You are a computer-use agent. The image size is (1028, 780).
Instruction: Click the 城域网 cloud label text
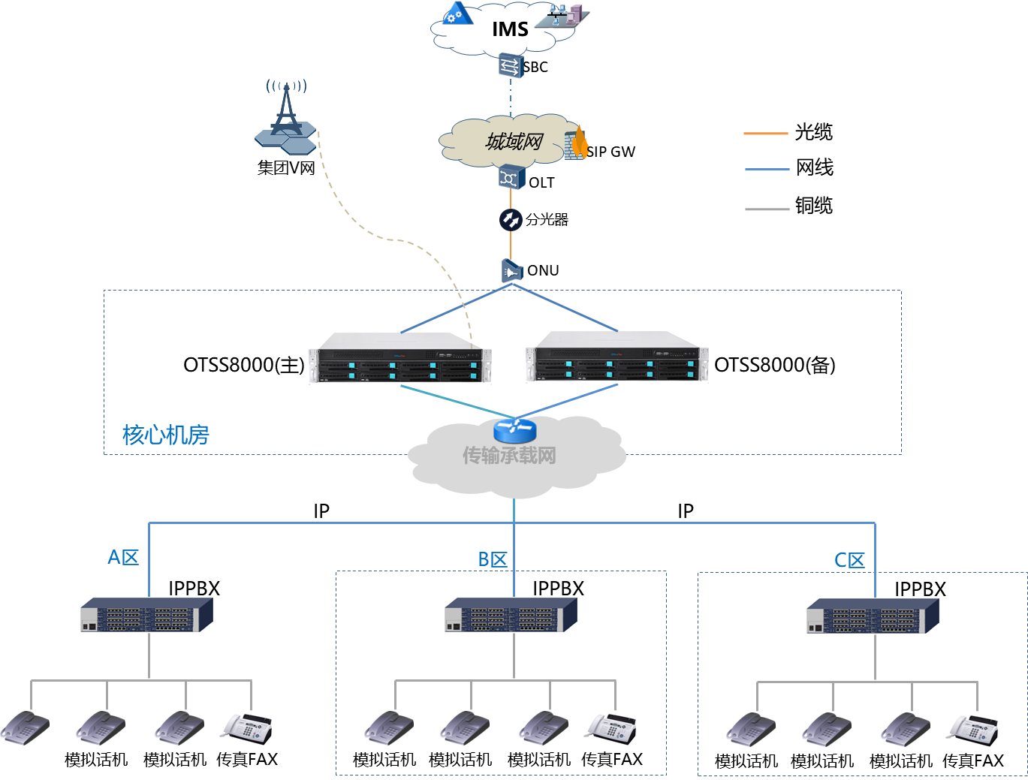coord(514,141)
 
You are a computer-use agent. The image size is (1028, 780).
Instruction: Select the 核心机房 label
coord(165,435)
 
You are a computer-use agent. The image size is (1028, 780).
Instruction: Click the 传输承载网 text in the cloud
coord(509,456)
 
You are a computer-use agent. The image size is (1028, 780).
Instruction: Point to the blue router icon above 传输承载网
coord(514,430)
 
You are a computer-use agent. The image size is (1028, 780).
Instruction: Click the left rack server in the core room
coord(399,359)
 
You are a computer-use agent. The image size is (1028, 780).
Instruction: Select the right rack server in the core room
coord(616,358)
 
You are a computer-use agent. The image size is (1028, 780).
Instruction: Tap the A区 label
coord(123,557)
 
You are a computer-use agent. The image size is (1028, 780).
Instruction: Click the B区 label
coord(493,559)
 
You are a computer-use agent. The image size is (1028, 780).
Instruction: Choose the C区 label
coord(849,560)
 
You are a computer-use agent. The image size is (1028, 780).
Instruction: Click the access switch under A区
coord(146,615)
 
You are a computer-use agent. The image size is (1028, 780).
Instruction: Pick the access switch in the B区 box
coord(511,615)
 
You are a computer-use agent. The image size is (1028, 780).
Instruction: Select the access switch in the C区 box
coord(873,616)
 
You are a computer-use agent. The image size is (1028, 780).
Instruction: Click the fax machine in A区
coord(246,728)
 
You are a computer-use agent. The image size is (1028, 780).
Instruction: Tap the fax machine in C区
coord(972,730)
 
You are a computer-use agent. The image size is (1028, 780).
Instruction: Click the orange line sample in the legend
coord(766,134)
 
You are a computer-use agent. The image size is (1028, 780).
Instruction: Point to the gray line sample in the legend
coord(767,209)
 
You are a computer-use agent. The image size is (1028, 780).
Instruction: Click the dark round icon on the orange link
coord(511,220)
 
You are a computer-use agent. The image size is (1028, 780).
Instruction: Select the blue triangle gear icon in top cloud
coord(456,14)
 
